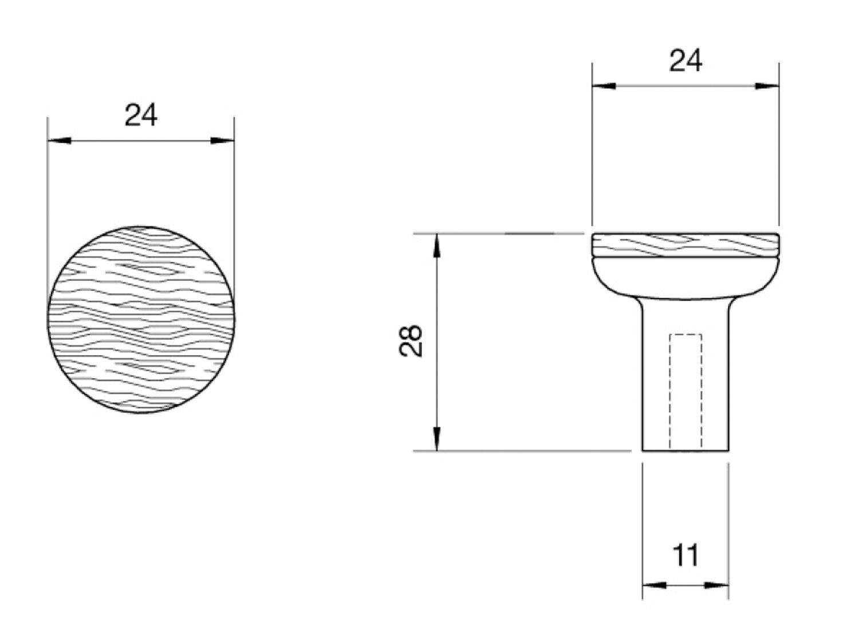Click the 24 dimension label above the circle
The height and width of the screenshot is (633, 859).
(141, 115)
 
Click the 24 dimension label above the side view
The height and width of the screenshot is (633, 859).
(685, 61)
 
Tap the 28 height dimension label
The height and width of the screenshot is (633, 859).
(411, 341)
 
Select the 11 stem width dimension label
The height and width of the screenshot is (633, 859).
(685, 555)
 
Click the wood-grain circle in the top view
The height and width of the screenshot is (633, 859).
(141, 320)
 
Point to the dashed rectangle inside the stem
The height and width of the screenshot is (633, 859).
(685, 391)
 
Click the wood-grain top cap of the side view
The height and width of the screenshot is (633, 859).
(685, 244)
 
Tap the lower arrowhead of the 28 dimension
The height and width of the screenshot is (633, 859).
(437, 439)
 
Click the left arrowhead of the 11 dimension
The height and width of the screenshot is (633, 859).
(654, 585)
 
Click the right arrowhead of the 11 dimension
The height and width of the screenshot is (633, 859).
(717, 585)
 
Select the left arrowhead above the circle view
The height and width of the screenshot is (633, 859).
(60, 140)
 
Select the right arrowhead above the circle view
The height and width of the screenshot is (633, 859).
(222, 140)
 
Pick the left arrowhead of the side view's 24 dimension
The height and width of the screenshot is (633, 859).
(604, 86)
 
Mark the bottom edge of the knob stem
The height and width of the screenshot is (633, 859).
(685, 451)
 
